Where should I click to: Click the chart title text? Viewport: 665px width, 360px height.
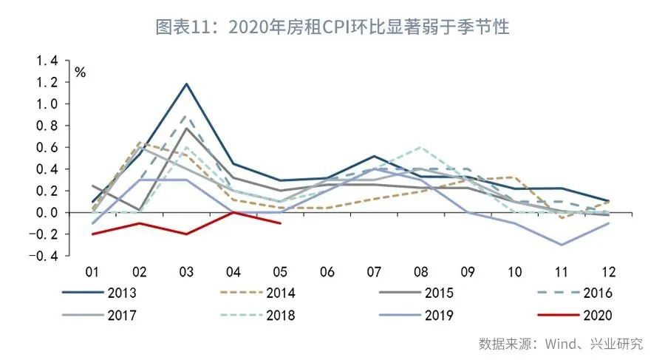(x=332, y=28)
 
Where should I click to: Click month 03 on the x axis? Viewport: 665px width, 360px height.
(x=187, y=271)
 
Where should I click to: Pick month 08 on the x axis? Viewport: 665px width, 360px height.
(x=420, y=271)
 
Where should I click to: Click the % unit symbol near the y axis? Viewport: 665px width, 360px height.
(x=80, y=72)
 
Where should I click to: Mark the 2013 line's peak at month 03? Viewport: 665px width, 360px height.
(x=187, y=84)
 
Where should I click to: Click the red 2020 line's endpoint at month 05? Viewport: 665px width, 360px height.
(x=280, y=223)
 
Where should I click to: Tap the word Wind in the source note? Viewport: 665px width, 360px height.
(x=562, y=344)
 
